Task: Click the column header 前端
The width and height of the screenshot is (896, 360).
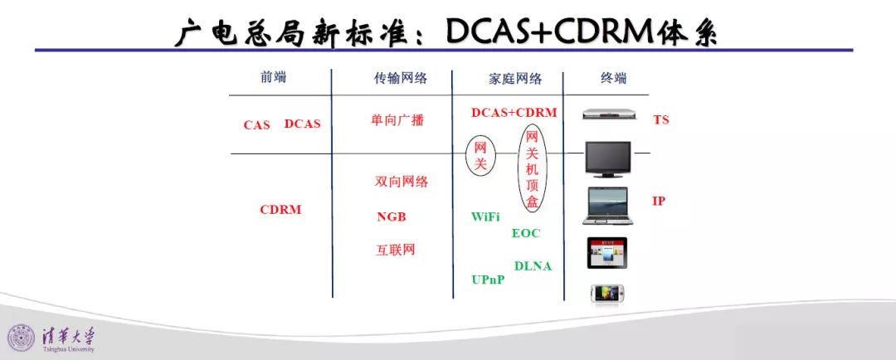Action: click(x=273, y=78)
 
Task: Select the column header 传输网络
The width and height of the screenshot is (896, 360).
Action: click(x=401, y=78)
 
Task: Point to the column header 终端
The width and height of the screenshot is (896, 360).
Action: click(x=613, y=78)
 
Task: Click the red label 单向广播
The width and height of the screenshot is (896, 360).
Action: click(x=397, y=120)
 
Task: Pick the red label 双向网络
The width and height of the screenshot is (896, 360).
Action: click(x=402, y=182)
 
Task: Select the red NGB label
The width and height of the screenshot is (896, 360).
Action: click(x=392, y=217)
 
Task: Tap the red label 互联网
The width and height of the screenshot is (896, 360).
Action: click(x=396, y=250)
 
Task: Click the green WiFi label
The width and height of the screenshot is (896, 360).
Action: click(x=485, y=216)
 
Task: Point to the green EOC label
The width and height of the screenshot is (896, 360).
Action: click(x=526, y=233)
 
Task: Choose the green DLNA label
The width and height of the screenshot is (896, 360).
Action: click(x=533, y=265)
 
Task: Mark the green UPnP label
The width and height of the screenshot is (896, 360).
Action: click(x=488, y=280)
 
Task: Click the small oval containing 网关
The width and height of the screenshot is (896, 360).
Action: click(x=467, y=155)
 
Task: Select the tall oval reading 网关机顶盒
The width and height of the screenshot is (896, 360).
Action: click(x=519, y=169)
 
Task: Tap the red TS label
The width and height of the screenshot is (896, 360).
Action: click(x=661, y=120)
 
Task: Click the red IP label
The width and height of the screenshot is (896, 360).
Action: click(x=659, y=201)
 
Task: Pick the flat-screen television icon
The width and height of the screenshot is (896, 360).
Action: click(x=608, y=159)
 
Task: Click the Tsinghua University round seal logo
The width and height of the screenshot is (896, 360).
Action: click(x=21, y=338)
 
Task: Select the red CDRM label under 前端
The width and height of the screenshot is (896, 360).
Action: click(x=280, y=210)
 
